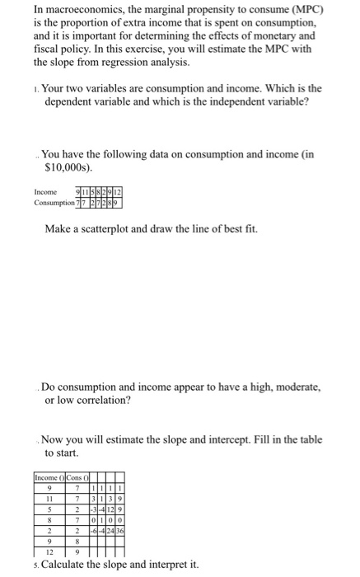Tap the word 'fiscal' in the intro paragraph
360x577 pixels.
[x=50, y=49]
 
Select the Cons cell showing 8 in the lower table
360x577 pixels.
[x=76, y=542]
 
